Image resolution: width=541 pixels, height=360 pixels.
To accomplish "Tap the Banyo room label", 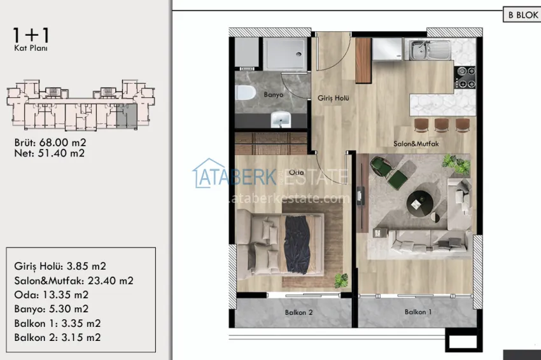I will point(272,95).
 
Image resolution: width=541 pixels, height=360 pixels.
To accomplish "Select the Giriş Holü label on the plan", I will point(333,98).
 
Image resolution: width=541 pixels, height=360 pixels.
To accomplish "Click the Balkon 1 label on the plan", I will point(418,312).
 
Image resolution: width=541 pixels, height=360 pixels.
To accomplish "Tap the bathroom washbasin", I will point(280,119).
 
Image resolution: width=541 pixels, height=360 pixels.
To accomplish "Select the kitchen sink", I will point(423,48).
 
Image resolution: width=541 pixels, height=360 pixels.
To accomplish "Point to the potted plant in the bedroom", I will point(342,279).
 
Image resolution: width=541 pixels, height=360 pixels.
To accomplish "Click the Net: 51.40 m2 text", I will point(49,153).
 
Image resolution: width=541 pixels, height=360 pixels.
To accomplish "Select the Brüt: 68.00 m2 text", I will point(50,142).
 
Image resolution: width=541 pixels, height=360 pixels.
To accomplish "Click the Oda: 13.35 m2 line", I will point(51,294).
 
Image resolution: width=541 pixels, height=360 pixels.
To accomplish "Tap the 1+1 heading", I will point(31,33).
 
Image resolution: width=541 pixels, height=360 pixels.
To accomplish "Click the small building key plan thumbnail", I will point(80,106).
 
